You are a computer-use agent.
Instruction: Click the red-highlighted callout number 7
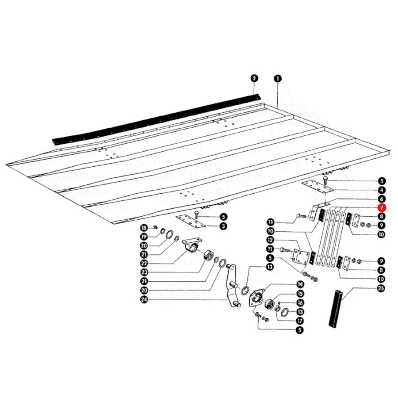click(x=382, y=208)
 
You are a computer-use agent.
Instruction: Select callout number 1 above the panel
click(x=278, y=78)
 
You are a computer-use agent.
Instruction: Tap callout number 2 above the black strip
click(x=254, y=78)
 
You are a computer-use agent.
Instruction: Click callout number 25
click(x=381, y=288)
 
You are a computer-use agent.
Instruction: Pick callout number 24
click(x=144, y=300)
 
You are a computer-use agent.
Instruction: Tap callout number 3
click(x=223, y=226)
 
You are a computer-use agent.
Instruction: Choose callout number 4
click(x=381, y=190)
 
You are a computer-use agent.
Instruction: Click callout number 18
click(x=144, y=228)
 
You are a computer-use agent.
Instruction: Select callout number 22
click(x=144, y=264)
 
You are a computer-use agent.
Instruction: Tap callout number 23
click(x=144, y=272)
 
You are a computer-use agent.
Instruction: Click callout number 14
click(x=300, y=284)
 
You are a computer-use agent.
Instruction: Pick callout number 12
click(x=271, y=240)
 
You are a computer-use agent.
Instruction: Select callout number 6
click(x=381, y=199)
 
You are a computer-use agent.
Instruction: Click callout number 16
click(x=300, y=302)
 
